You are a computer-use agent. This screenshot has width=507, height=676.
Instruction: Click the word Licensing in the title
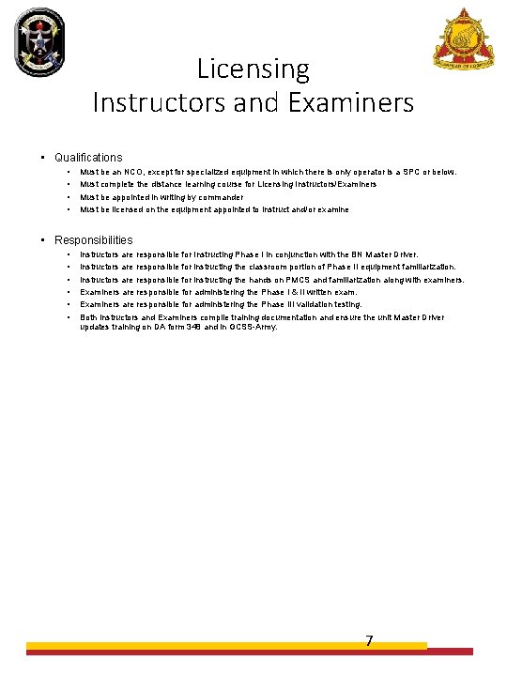click(253, 69)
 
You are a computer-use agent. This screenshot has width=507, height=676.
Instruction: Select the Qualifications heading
click(88, 158)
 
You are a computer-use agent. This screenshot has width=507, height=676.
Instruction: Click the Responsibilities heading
click(94, 240)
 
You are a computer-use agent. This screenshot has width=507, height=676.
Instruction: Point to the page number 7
click(369, 641)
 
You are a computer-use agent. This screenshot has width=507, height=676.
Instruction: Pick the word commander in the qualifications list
click(223, 197)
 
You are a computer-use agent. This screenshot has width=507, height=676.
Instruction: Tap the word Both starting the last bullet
click(89, 317)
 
